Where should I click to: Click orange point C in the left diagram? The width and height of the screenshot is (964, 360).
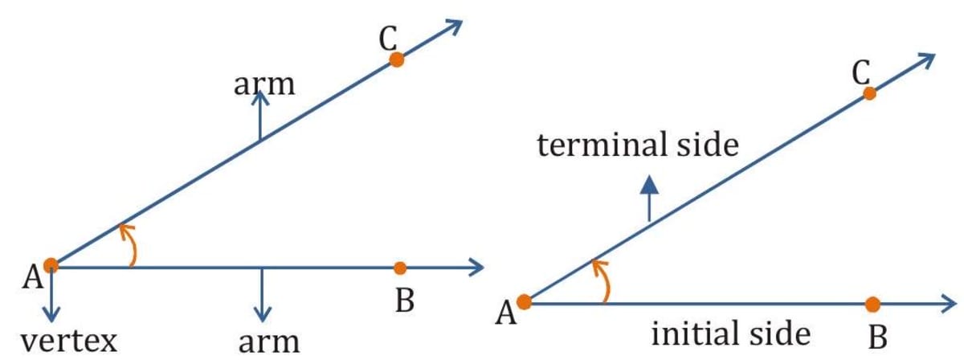[395, 59]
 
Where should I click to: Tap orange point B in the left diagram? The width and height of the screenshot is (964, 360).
[401, 268]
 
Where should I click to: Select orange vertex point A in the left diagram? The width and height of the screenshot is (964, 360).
[51, 264]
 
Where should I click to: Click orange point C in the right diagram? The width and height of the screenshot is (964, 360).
[869, 93]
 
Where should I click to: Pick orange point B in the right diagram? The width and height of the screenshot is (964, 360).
[873, 305]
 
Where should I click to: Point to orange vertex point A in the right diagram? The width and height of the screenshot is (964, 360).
[525, 302]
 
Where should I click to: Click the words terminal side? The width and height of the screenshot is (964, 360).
[637, 145]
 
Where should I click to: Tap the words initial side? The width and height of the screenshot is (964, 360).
[730, 333]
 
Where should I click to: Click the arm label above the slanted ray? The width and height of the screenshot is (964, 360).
[264, 84]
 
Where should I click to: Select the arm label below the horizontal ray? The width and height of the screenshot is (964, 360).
[268, 342]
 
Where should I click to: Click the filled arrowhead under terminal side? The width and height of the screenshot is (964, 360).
[649, 186]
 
